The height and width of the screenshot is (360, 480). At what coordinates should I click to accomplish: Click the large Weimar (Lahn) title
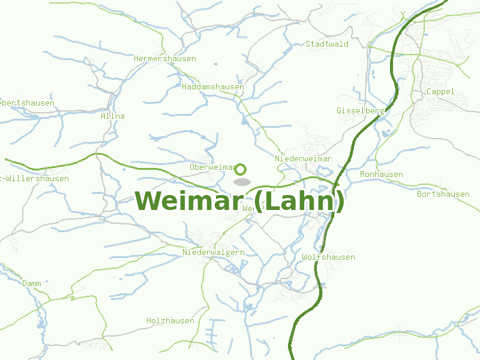tap(239, 201)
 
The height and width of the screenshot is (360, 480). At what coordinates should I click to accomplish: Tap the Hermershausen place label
tap(164, 59)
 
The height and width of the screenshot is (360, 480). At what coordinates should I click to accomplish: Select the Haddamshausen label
tap(213, 87)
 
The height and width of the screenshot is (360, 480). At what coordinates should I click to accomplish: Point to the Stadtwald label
tap(327, 44)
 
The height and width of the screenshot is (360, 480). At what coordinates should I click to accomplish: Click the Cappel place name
tap(440, 92)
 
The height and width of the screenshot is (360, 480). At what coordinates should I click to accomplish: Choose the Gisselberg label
tap(360, 111)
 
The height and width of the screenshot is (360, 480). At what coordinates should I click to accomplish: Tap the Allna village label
tap(113, 116)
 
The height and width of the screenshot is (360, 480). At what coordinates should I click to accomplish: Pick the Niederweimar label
tap(304, 158)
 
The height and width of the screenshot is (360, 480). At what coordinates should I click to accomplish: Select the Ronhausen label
tap(382, 175)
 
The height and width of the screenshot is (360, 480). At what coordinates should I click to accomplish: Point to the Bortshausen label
tap(443, 194)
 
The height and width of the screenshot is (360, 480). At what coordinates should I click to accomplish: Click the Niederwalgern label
tap(214, 253)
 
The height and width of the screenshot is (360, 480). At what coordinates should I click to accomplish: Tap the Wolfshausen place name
tap(329, 257)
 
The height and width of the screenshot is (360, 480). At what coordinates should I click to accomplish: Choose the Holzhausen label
tap(170, 321)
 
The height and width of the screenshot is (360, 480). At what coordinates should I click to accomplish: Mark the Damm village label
tap(32, 283)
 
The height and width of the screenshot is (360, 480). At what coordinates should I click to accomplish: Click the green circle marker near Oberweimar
tap(241, 169)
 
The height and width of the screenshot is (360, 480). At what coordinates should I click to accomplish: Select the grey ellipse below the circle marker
tap(241, 182)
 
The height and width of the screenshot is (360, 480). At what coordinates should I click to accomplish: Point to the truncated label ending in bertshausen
tap(27, 103)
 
